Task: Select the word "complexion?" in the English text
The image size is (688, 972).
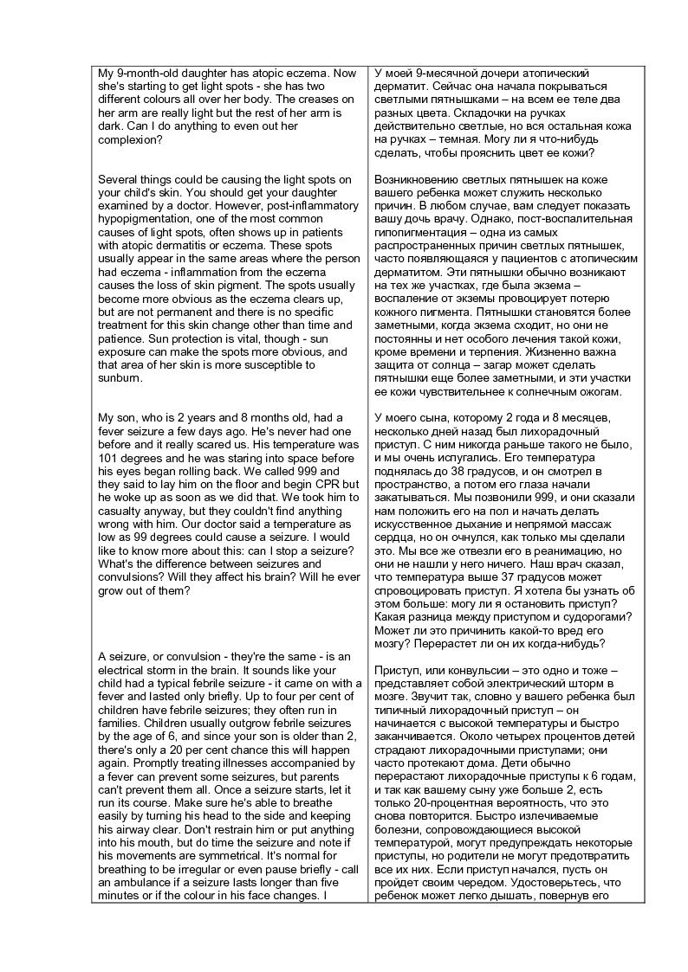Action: [130, 139]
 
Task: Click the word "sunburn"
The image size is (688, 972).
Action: [120, 378]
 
